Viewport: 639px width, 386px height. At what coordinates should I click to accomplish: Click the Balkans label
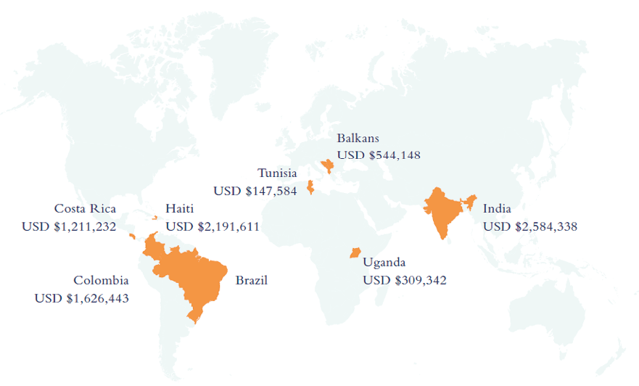pos(358,138)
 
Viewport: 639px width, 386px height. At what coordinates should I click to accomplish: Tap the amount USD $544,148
pos(379,155)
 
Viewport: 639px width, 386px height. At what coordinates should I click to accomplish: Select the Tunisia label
pos(277,173)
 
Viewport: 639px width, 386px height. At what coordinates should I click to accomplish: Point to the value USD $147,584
pos(255,191)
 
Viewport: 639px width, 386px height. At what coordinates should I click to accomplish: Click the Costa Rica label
pos(85,209)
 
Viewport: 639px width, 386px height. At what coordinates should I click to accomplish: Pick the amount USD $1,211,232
pos(69,226)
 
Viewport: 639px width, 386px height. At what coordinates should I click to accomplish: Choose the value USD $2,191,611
pos(213,226)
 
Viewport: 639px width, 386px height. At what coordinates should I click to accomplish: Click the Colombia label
pos(101,280)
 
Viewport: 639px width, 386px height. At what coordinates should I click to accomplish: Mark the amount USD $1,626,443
pos(81,297)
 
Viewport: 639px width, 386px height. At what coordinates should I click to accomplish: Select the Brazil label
pos(252,280)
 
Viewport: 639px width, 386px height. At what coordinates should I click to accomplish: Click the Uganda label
pos(384,263)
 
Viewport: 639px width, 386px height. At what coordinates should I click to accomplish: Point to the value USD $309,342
pos(405,280)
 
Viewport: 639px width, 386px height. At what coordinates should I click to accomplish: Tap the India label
pos(497,209)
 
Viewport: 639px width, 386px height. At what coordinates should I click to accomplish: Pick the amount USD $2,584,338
pos(530,226)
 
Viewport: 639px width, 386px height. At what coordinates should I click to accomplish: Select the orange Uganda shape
pos(355,252)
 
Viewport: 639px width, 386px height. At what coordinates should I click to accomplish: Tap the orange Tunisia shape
pos(310,187)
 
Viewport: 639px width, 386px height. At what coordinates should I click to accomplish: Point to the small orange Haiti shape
pos(154,217)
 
